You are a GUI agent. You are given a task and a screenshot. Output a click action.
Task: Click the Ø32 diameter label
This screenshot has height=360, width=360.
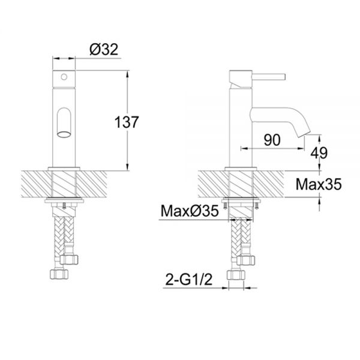[x=104, y=49]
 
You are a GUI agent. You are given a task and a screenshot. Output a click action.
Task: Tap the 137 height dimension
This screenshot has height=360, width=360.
[x=127, y=122]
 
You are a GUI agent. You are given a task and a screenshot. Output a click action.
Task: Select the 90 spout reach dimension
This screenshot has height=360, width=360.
[x=272, y=140]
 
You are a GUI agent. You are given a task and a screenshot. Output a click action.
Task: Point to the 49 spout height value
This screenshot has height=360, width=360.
[x=319, y=153]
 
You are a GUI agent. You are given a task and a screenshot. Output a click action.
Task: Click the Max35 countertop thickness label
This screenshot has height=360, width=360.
[x=319, y=184]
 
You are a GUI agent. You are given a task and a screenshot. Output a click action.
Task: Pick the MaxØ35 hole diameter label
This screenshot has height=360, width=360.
[x=190, y=211]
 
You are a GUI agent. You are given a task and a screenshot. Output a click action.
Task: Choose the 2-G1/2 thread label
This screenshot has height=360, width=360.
[x=189, y=280]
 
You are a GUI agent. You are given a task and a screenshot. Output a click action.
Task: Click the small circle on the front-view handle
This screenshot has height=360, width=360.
[x=64, y=77]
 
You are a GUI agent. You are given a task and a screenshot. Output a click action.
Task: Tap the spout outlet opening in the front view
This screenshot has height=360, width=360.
[x=64, y=134]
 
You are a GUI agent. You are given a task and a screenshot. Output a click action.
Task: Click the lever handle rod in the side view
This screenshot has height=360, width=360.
[x=269, y=77]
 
